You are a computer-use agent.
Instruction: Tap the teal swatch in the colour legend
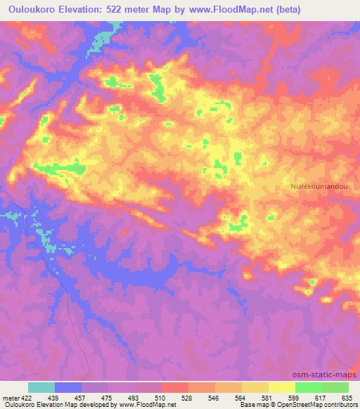click(x=41, y=387)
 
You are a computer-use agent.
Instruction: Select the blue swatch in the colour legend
click(x=68, y=387)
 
